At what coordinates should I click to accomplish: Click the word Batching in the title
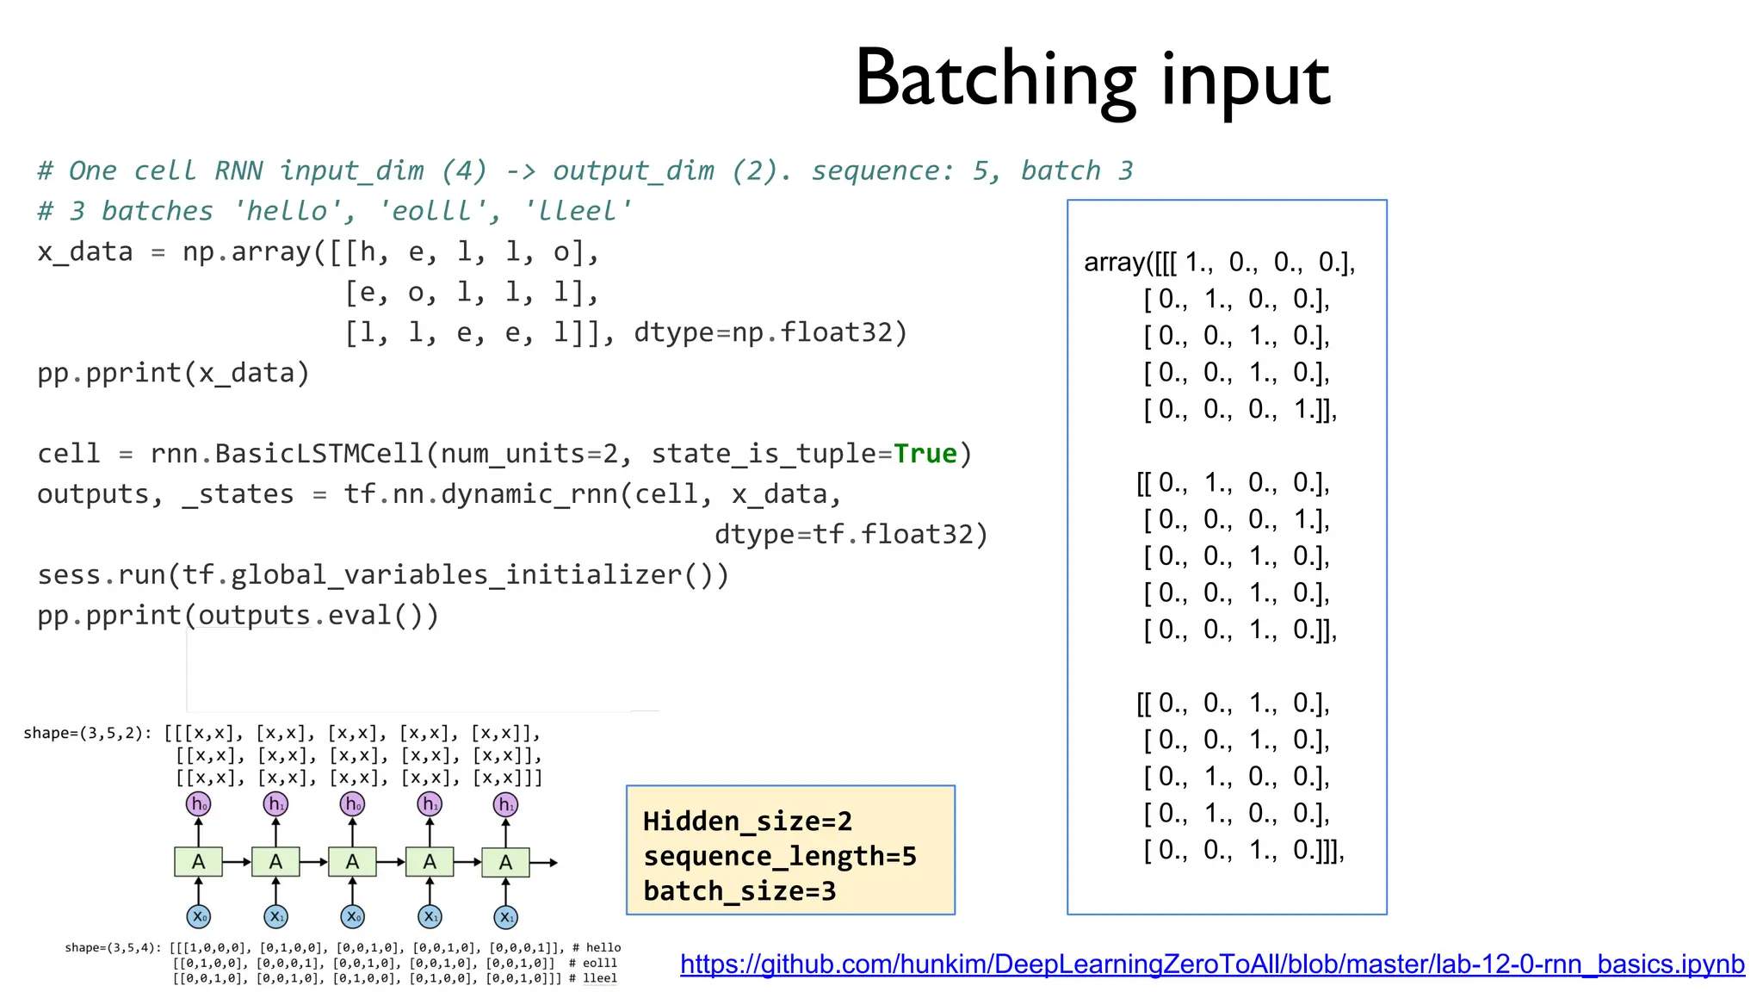coord(996,80)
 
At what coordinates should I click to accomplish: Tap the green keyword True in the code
coord(925,454)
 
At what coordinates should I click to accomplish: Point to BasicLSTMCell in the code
coord(319,454)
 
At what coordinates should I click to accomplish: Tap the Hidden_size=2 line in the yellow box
coord(747,821)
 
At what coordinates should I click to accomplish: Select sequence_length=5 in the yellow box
coord(779,857)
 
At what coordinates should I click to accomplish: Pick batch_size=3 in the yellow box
coord(739,891)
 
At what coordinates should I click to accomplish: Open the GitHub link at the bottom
coord(1212,964)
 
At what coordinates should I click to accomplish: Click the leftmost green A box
coord(198,862)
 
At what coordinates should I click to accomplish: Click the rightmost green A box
coord(505,862)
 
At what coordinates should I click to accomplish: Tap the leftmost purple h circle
coord(198,804)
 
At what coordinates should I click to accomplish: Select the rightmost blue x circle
coord(505,917)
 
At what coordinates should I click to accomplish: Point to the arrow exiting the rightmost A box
coord(545,862)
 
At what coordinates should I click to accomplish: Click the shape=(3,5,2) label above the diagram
coord(87,734)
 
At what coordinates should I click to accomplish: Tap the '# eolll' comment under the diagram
coord(593,963)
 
